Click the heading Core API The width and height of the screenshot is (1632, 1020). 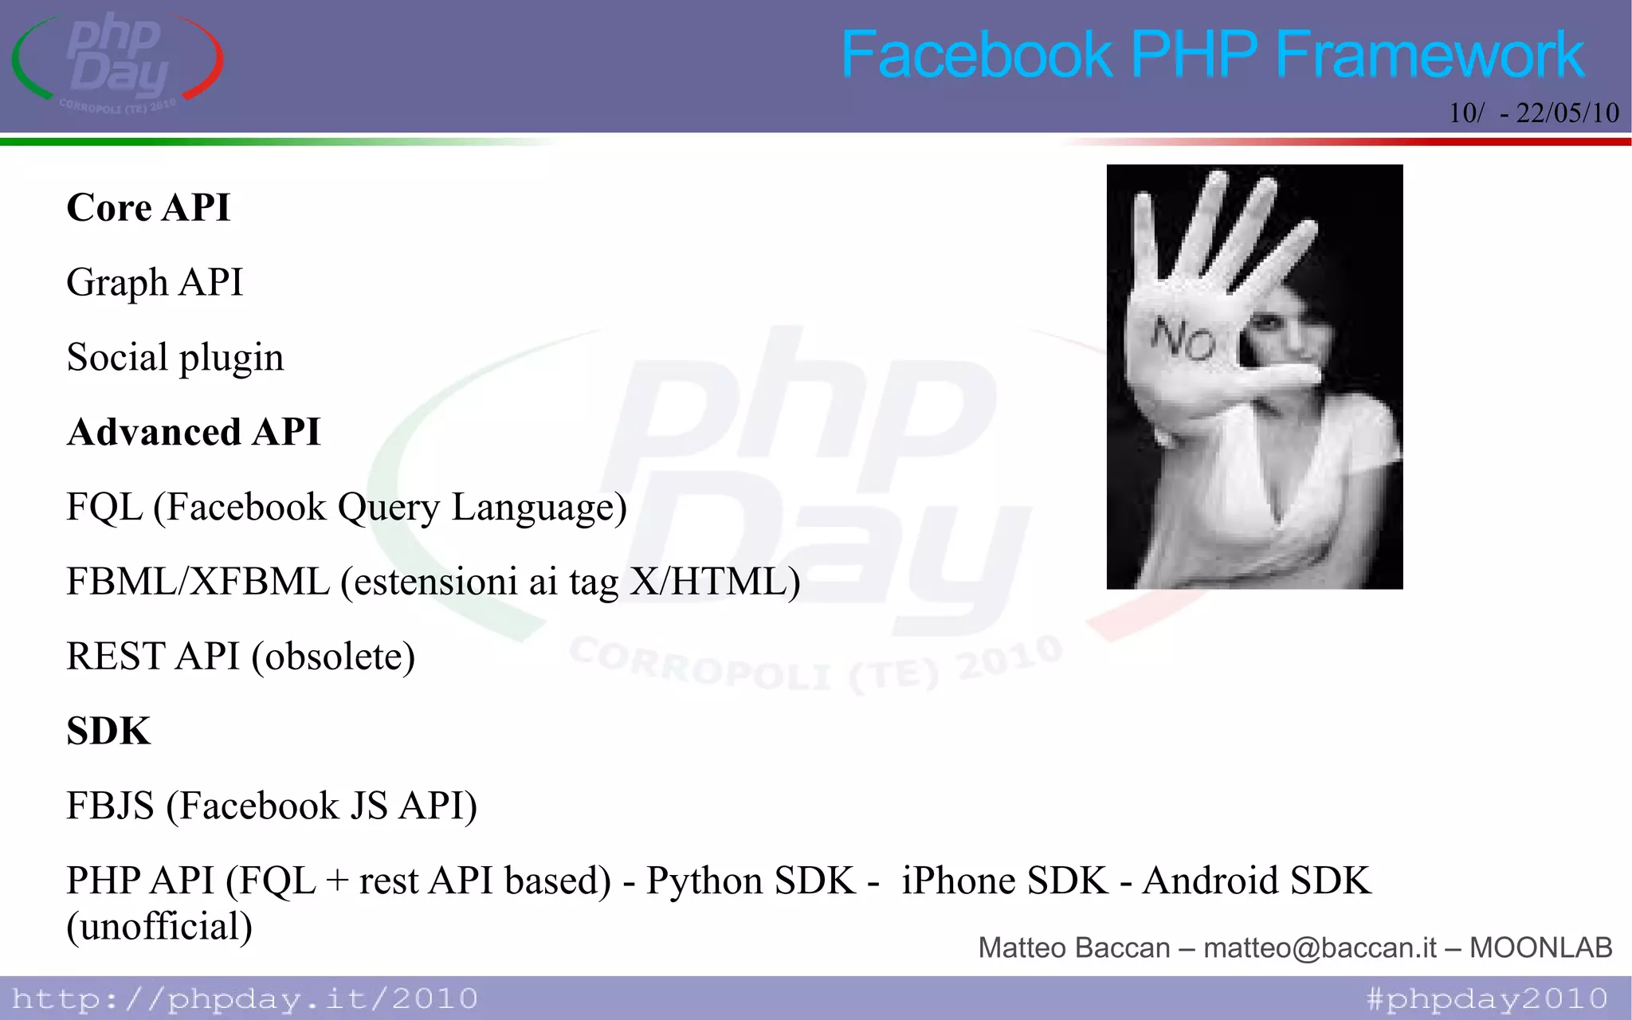coord(148,208)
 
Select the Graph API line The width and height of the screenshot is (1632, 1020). coord(155,283)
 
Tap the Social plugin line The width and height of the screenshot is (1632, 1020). coord(175,358)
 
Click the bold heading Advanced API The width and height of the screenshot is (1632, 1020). coord(194,433)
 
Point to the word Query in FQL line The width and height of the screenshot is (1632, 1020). coord(388,508)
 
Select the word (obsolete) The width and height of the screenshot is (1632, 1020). coord(333,657)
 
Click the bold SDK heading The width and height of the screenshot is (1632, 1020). coord(108,732)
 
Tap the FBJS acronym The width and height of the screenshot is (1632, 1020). coord(110,806)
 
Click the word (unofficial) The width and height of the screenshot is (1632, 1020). coord(159,927)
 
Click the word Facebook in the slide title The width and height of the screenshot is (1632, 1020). coord(976,54)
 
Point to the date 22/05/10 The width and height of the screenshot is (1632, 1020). coord(1567,113)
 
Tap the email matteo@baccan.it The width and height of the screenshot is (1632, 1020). coord(1320,947)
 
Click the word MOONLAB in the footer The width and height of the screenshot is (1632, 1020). coord(1540,947)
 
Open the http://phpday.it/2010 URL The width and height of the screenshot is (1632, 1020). coord(245,998)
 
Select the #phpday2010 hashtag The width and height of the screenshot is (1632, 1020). coord(1487,998)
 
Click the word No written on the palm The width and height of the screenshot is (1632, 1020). coord(1183,339)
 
